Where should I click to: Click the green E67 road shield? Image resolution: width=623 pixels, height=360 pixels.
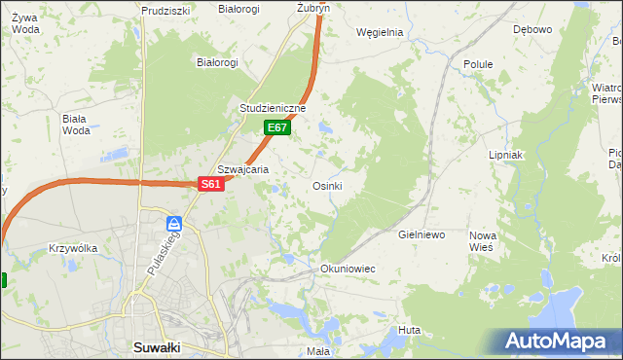(x=276, y=127)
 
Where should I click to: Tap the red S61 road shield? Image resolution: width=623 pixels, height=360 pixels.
(x=211, y=184)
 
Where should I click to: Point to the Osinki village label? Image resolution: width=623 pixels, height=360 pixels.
(x=326, y=186)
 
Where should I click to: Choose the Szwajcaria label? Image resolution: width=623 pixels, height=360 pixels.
(x=242, y=168)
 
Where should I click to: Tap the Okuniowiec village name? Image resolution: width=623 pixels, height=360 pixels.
(x=348, y=268)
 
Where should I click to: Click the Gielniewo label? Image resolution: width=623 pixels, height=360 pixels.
(x=421, y=235)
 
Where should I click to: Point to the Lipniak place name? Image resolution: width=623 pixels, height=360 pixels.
(x=506, y=155)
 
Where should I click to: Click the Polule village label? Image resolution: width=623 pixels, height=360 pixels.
(x=478, y=64)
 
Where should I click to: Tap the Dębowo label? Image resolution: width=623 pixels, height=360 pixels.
(x=532, y=29)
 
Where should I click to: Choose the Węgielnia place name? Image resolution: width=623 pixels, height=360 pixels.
(x=380, y=32)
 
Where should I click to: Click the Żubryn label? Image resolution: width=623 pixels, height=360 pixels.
(x=313, y=7)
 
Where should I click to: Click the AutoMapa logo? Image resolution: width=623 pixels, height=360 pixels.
(x=559, y=341)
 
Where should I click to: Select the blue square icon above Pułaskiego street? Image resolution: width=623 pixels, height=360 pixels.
(x=174, y=223)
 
